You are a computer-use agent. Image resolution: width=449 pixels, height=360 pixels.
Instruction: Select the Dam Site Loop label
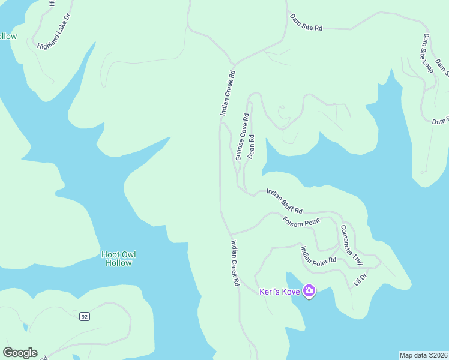click(427, 53)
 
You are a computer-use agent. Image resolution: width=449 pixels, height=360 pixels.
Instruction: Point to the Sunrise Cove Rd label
click(242, 136)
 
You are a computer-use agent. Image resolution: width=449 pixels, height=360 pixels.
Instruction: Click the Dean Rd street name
click(252, 146)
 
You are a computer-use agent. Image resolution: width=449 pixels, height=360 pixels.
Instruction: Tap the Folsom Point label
click(301, 221)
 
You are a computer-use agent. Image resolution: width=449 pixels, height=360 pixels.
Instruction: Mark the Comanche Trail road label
click(352, 245)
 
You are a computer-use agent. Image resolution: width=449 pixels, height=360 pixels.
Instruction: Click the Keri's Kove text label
click(280, 292)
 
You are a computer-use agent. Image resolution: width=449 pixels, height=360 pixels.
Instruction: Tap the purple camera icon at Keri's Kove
click(309, 292)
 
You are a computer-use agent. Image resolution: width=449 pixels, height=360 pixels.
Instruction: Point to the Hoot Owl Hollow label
click(118, 259)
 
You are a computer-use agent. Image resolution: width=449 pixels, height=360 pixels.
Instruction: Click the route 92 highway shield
click(85, 316)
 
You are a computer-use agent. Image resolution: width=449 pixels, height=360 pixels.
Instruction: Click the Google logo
click(20, 353)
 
